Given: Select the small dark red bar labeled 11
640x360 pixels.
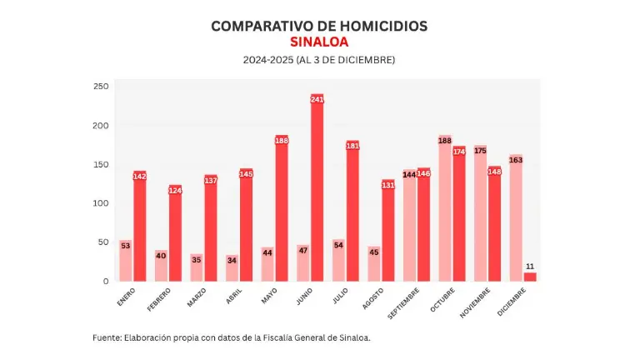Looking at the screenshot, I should pyautogui.click(x=530, y=276).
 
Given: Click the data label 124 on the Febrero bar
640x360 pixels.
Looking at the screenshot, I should pyautogui.click(x=175, y=191).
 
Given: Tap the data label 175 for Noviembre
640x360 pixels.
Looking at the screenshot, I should pyautogui.click(x=481, y=151).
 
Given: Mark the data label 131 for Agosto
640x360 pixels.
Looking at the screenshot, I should pyautogui.click(x=388, y=185).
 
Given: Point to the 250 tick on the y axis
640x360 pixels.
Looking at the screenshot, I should pyautogui.click(x=101, y=87).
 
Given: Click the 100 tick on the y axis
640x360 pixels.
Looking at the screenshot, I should pyautogui.click(x=101, y=203).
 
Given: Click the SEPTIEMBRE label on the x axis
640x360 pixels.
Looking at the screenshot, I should pyautogui.click(x=404, y=302).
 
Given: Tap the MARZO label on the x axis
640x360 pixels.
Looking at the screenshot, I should pyautogui.click(x=196, y=297).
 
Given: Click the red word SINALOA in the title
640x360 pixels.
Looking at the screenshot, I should pyautogui.click(x=319, y=42).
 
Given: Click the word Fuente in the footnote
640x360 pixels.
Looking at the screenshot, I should pyautogui.click(x=106, y=337).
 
